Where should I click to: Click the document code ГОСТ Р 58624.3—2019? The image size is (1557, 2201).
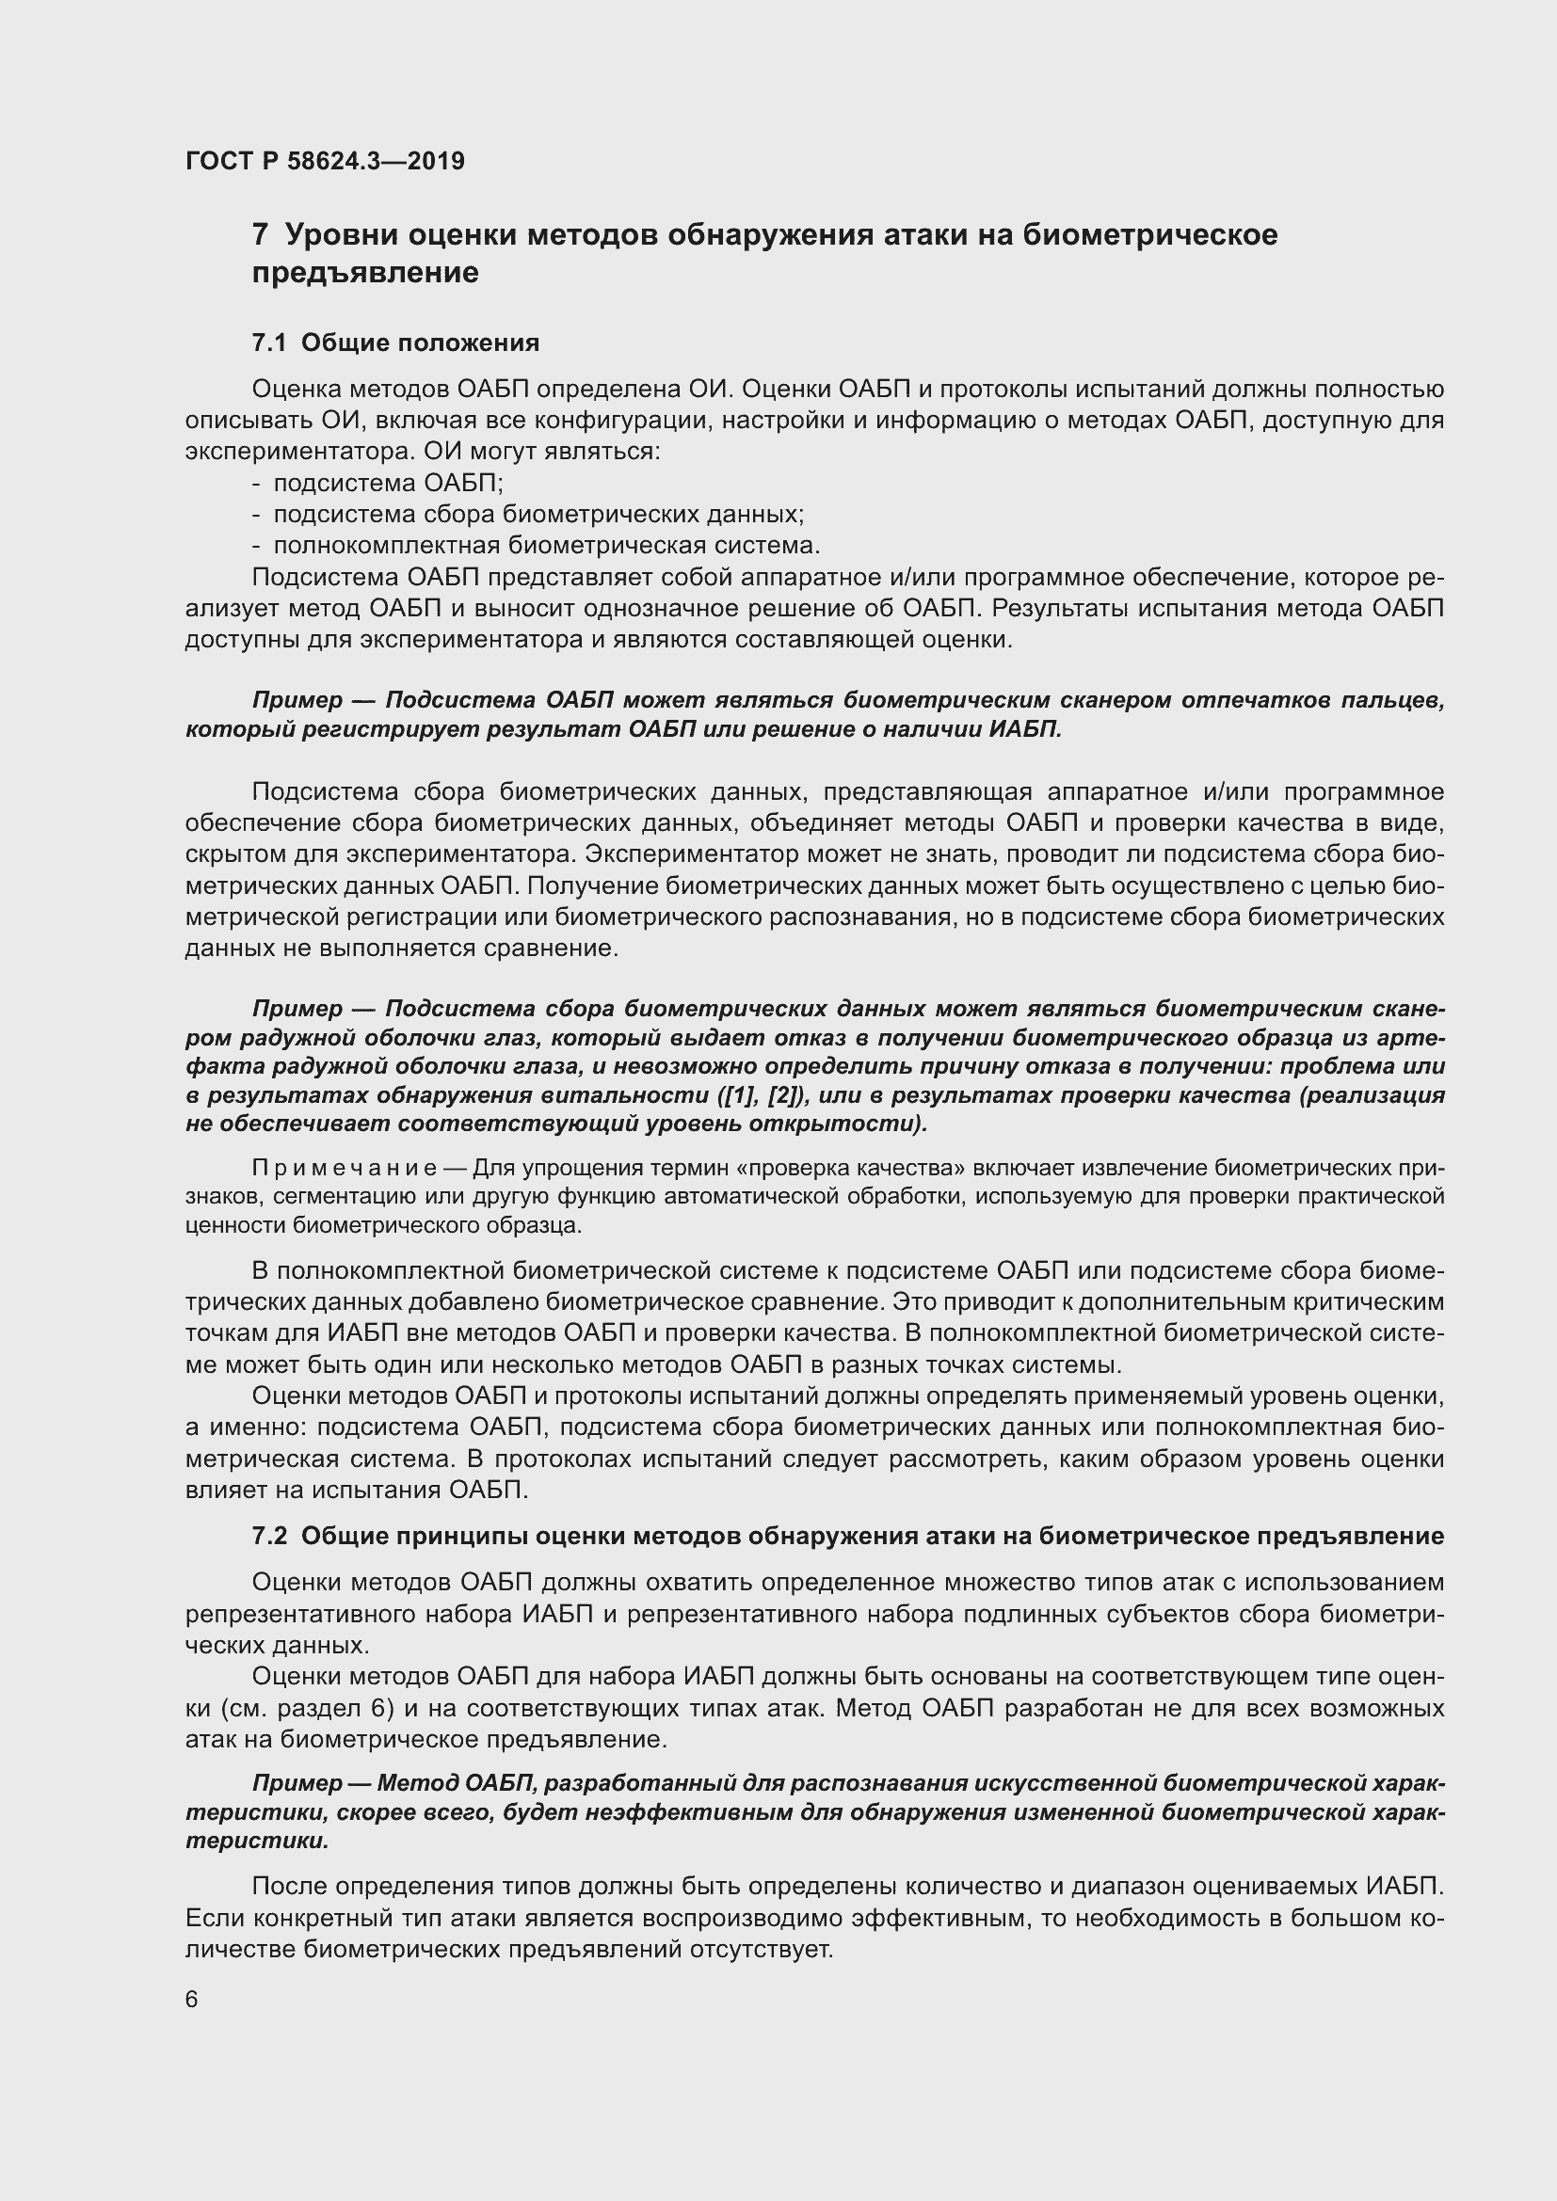coord(325,161)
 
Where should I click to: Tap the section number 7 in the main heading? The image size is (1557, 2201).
coord(259,235)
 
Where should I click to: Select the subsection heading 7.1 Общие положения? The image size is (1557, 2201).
coord(395,343)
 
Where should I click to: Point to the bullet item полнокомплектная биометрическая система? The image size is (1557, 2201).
coord(547,546)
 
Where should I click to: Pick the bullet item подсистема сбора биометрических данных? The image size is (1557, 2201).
coord(538,514)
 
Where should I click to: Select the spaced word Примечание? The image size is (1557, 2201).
coord(345,1168)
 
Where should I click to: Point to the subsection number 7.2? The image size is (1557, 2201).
coord(269,1536)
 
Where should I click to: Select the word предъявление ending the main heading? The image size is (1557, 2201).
coord(365,273)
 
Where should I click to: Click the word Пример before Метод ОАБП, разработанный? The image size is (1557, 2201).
coord(297,1783)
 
